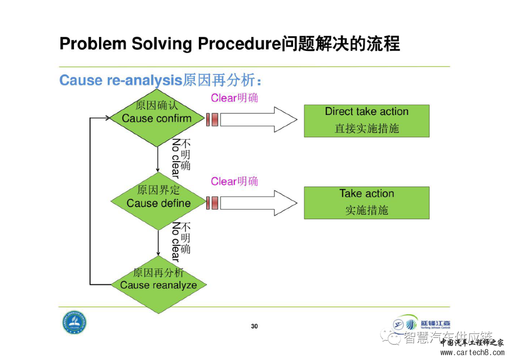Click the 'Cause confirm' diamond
click(156, 118)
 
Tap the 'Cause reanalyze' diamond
click(158, 284)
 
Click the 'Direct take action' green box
click(366, 121)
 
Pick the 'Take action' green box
click(366, 202)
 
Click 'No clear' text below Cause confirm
click(175, 158)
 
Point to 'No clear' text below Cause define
click(175, 242)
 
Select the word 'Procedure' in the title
click(239, 44)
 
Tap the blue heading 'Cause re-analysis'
click(120, 80)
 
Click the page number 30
click(254, 326)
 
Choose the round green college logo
click(74, 323)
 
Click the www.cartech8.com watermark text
click(472, 352)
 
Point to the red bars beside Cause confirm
click(212, 119)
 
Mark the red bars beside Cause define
click(212, 203)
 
